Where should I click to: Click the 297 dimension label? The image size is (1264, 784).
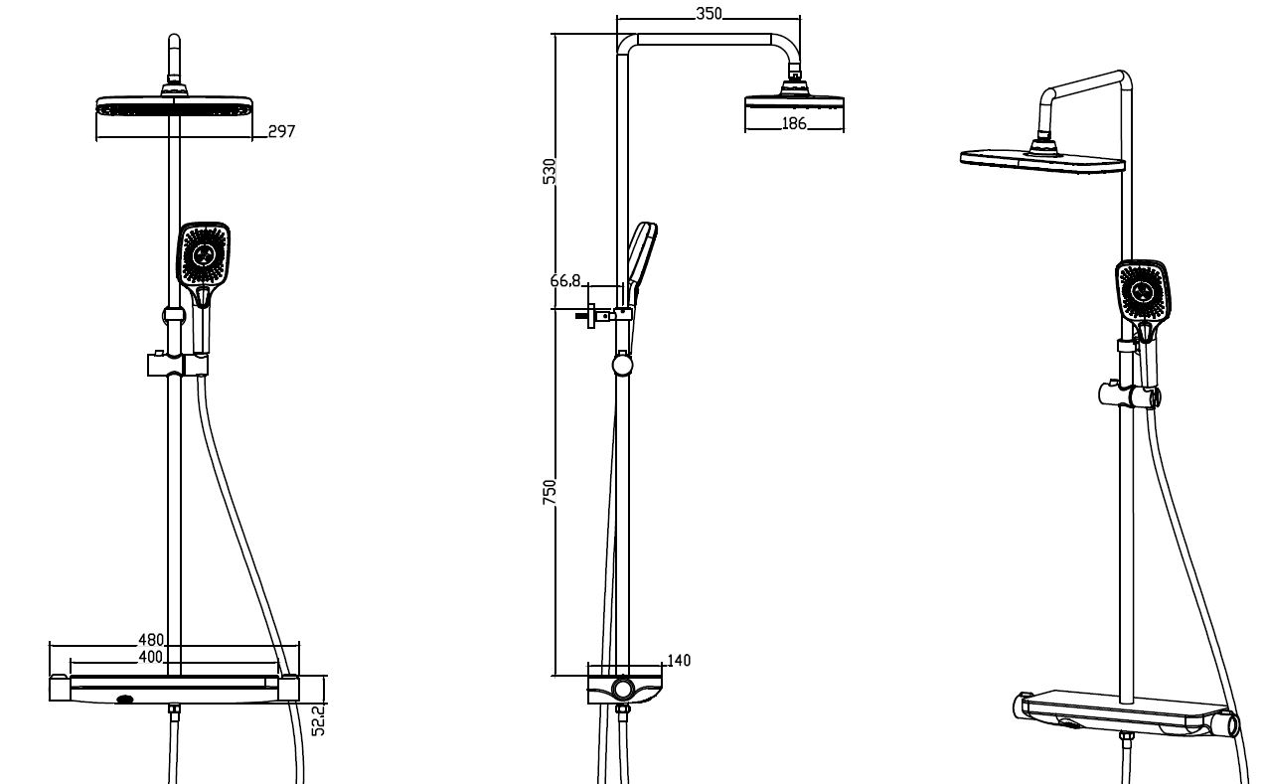[281, 131]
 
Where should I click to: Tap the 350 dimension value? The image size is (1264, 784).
[709, 14]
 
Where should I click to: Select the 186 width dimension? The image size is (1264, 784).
[794, 123]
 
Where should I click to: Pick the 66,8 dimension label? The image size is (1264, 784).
[565, 280]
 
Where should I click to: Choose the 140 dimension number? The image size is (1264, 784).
[679, 661]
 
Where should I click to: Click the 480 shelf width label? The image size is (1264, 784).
[151, 640]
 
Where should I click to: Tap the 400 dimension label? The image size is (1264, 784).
[151, 657]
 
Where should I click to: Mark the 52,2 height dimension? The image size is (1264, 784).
[319, 720]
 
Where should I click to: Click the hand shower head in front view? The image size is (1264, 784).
[204, 256]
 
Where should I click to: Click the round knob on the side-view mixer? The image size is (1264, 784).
[623, 689]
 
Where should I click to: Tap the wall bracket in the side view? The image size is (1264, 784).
[603, 316]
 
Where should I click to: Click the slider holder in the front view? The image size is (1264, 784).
[177, 365]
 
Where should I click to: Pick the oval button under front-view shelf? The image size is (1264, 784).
[124, 700]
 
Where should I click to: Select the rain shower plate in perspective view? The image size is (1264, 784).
[1042, 161]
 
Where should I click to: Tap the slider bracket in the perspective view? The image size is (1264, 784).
[1130, 394]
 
